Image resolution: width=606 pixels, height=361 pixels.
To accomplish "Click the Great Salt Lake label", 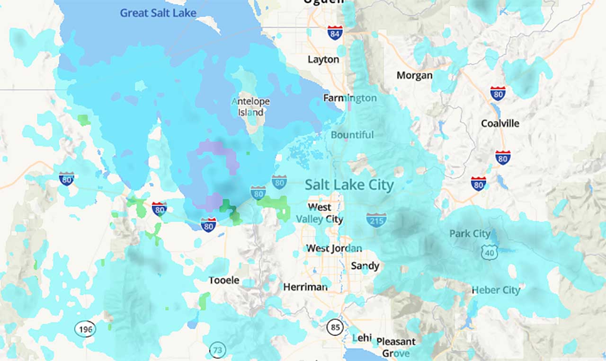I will (x=158, y=13).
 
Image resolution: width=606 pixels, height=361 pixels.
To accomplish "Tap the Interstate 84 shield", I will (x=335, y=33).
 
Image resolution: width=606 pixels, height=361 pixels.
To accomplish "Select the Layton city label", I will (x=323, y=60).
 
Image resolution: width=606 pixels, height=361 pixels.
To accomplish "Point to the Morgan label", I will (x=414, y=75).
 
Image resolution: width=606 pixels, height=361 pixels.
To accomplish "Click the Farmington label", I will (x=350, y=98).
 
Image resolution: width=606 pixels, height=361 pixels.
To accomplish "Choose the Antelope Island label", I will (x=250, y=107).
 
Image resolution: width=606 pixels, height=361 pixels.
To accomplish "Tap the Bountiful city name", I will (x=352, y=135).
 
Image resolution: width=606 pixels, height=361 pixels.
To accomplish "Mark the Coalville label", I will (x=500, y=123).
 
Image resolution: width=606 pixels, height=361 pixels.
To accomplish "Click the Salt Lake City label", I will (x=349, y=185).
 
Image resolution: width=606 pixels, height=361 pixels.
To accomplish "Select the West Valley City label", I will (x=320, y=213).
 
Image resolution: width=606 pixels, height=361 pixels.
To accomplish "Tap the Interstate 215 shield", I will (x=376, y=220).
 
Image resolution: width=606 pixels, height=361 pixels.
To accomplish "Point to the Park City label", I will (x=470, y=234).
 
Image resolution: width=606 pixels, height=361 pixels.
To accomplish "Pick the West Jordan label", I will (x=334, y=248).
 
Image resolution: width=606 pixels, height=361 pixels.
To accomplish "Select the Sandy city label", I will (x=365, y=266).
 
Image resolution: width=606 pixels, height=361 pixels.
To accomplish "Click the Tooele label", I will (x=224, y=280).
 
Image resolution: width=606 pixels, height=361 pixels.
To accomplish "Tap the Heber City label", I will (x=496, y=290).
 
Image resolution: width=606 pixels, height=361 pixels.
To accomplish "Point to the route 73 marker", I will (x=217, y=350).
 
